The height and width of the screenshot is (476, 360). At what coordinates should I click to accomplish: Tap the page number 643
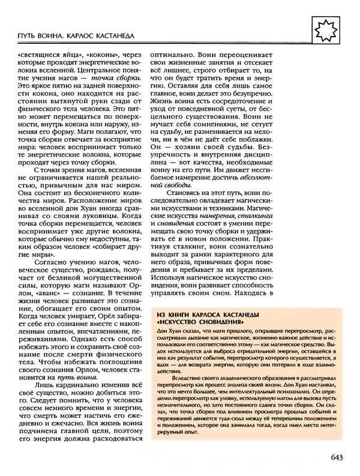coord(336,459)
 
